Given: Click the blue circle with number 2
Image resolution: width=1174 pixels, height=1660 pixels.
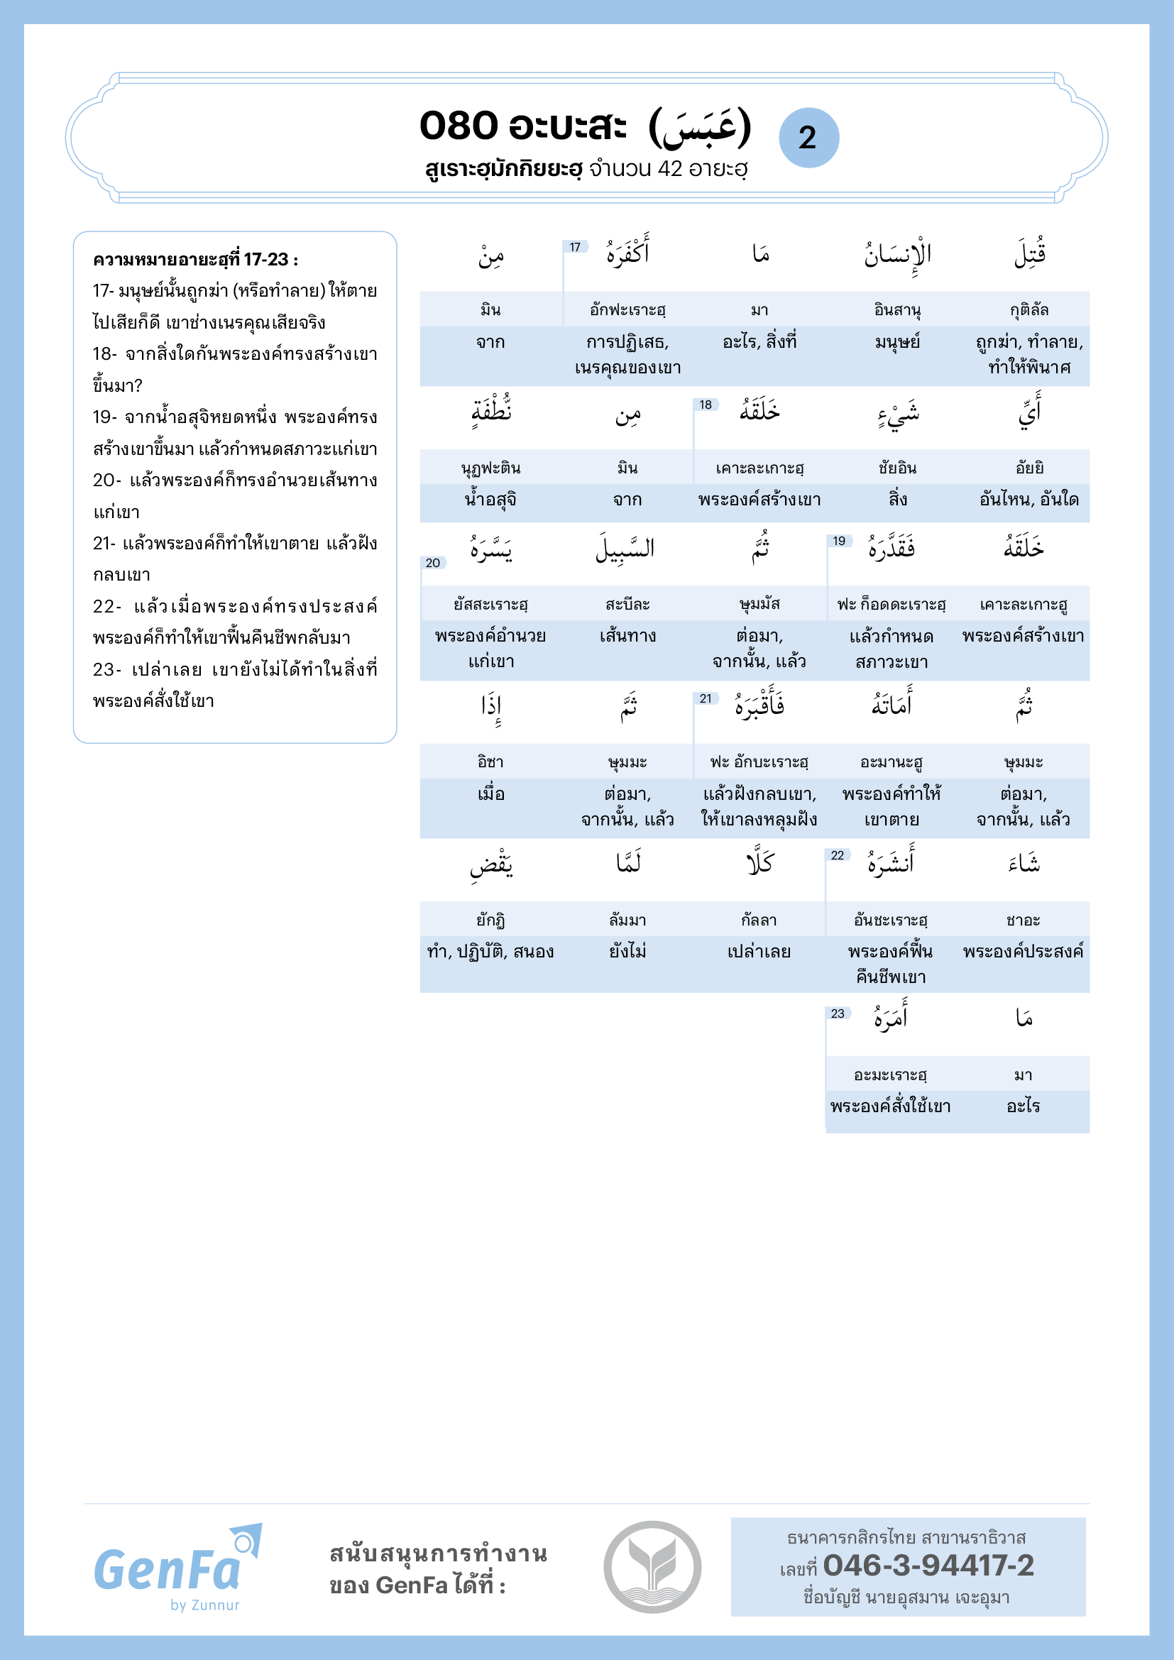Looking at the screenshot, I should tap(808, 138).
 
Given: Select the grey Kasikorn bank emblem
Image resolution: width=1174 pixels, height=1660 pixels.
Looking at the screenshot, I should tap(652, 1567).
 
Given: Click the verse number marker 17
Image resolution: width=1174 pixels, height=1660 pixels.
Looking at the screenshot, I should tap(575, 247).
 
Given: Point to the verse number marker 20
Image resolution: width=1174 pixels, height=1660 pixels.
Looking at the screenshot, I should tap(432, 563).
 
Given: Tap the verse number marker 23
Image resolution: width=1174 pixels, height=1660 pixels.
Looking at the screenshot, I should tap(837, 1013).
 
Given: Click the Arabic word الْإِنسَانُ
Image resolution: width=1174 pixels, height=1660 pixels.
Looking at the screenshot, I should tap(897, 255).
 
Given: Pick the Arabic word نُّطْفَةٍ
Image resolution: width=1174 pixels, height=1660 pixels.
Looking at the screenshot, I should tap(492, 412).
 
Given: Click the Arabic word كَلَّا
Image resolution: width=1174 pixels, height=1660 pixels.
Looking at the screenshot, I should tap(759, 862).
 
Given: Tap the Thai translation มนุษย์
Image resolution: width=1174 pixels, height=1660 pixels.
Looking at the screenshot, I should tap(897, 342).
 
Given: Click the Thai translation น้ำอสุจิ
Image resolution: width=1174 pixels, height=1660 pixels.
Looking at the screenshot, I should tap(491, 500).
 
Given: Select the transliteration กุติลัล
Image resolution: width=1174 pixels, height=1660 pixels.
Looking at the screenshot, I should tap(1028, 309).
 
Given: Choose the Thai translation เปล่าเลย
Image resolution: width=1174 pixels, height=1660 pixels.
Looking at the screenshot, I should tap(759, 952).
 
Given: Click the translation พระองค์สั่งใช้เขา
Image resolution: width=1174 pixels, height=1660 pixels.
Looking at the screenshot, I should tap(890, 1106).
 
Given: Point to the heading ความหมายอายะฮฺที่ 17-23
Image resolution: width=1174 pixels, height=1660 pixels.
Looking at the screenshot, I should tap(195, 259).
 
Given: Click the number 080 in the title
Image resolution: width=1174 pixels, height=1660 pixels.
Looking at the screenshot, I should tap(459, 126).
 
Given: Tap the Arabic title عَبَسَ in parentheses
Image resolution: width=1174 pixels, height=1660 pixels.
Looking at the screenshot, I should tap(701, 127).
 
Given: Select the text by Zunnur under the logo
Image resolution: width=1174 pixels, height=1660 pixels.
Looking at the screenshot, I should tap(204, 1605).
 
